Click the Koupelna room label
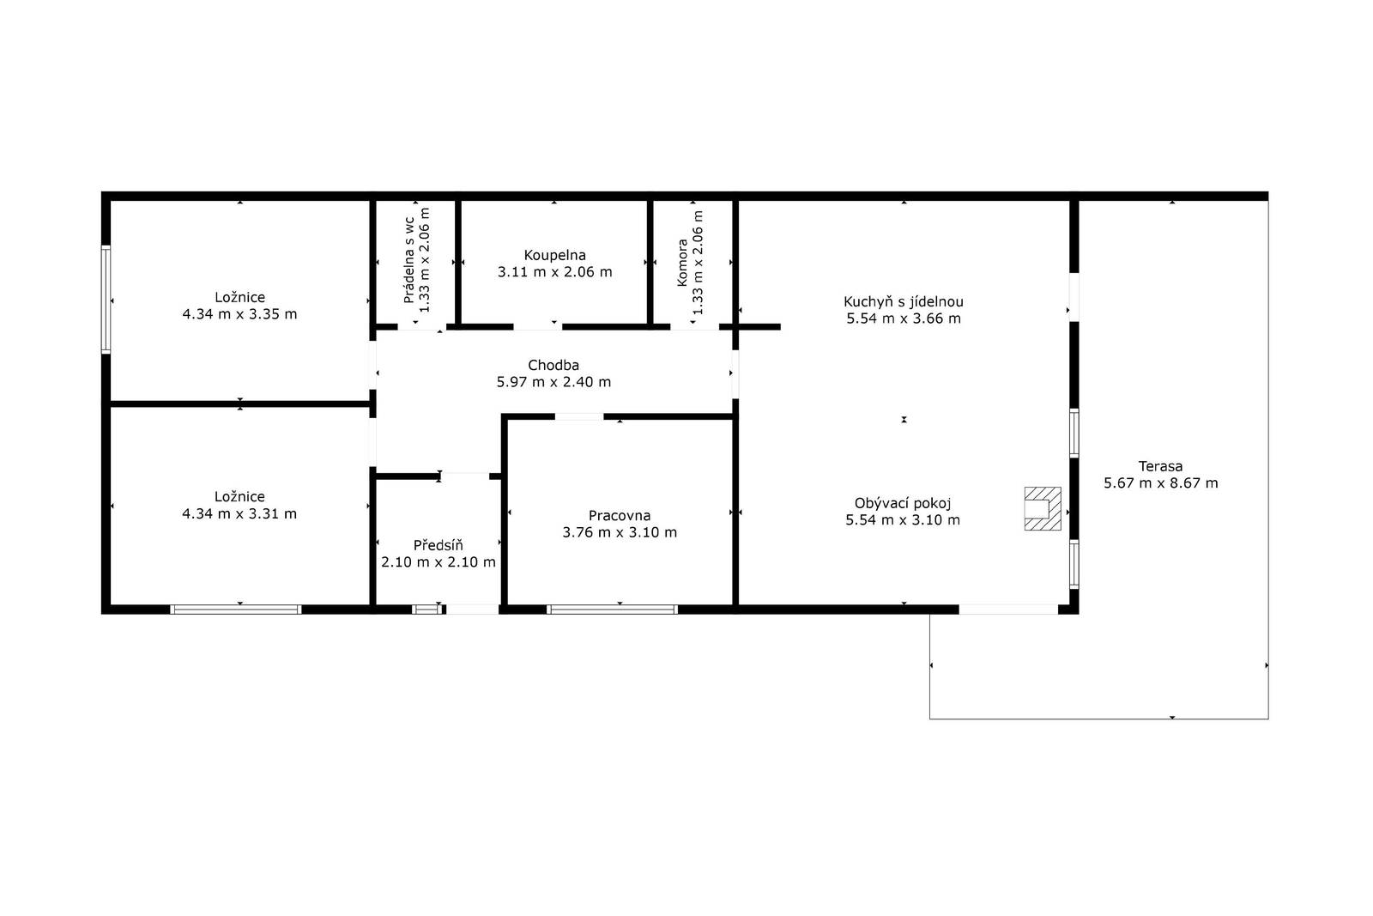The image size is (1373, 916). pos(554,255)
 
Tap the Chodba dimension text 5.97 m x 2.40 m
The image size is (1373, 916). pos(553,382)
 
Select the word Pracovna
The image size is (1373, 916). pos(619,516)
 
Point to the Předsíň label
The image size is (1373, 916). pos(438,545)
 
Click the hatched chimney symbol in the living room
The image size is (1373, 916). pos(1042,508)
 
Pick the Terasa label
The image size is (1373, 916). pos(1160,466)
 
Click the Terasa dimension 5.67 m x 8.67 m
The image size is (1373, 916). pos(1161,483)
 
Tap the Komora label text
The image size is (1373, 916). pos(682,263)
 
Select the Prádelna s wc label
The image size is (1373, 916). pos(409,260)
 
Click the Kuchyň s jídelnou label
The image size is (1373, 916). pos(904,301)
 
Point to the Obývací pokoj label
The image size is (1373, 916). pos(903,503)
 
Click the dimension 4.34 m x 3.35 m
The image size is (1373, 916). pos(239,314)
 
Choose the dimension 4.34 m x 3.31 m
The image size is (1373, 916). pos(239,513)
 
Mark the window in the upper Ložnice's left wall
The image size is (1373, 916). pos(106,300)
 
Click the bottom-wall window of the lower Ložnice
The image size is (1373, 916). pos(236,610)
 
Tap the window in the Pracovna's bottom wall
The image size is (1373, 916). pos(613,610)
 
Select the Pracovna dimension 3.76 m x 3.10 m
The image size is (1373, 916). pos(620,532)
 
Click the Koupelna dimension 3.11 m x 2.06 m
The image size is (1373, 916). pos(554,272)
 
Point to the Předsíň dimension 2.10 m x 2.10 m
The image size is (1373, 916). pos(439,562)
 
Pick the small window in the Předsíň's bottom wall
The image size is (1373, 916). pos(427,610)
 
